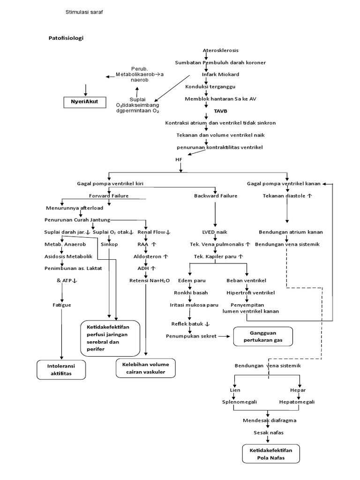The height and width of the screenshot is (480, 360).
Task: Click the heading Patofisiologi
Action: pos(66,37)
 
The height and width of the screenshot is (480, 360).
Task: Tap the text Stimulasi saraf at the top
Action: pos(84,13)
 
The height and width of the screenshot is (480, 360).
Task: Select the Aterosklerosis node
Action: pos(220,51)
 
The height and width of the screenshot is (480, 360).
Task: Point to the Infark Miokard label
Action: pos(220,75)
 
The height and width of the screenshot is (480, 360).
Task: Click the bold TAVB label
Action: pos(207,112)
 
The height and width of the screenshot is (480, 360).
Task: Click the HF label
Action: pos(178,160)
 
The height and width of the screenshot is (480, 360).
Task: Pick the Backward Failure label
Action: pos(216,195)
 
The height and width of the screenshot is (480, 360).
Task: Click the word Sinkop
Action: pos(109,244)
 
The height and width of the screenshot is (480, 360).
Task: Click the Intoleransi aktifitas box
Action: pos(61,369)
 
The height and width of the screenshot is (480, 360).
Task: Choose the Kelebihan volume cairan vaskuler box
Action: pos(145,368)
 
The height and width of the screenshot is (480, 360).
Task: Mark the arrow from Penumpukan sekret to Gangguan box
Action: pos(225,336)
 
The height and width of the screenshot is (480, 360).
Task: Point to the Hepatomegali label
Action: pos(297,402)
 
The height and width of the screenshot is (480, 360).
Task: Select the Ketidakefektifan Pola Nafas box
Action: pos(270,454)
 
